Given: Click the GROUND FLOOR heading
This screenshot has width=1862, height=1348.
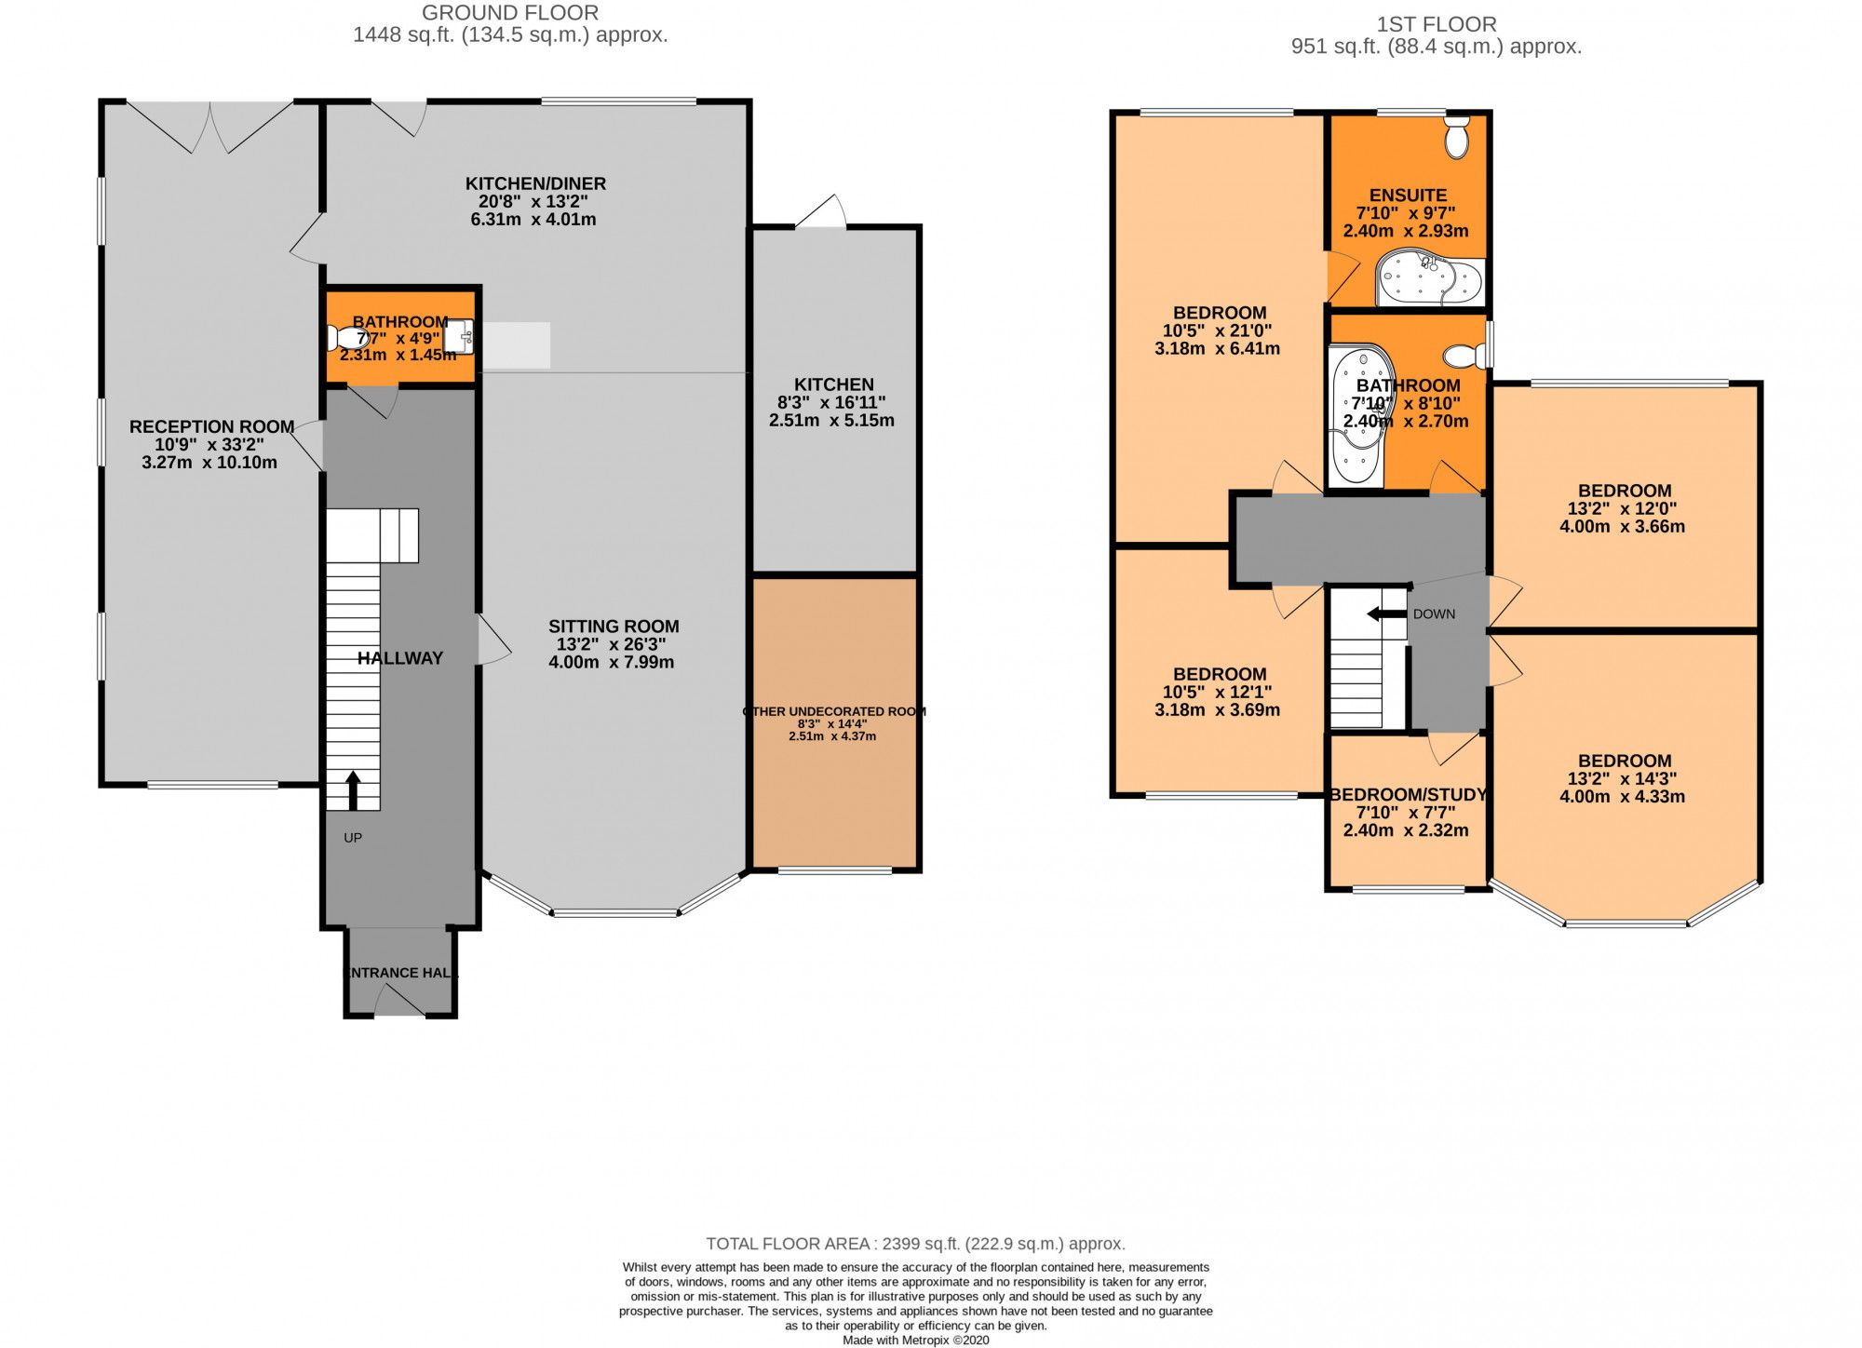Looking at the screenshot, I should (510, 13).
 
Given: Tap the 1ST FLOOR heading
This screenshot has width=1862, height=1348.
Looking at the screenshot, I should (1437, 24).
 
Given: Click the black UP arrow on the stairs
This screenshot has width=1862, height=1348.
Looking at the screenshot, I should (353, 790).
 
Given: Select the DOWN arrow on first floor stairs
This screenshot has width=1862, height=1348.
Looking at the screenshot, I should (1385, 613).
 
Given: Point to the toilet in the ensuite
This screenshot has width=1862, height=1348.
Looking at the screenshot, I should (1456, 138).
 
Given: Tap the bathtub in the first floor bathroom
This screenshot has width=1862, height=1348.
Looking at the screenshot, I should (1357, 417).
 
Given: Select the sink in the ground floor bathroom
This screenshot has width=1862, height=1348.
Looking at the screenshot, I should (460, 336).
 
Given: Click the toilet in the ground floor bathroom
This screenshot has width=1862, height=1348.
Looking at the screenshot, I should (344, 337).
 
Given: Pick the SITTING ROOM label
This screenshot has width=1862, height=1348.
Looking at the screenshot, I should (614, 627).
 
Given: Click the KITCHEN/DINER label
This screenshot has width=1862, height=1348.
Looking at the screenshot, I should (535, 183).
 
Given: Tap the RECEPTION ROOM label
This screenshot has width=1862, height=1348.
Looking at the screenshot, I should (211, 426).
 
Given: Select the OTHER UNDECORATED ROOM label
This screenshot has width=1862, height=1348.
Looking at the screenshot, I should (833, 711).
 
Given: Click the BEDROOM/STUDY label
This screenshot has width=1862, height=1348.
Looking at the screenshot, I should (1407, 794).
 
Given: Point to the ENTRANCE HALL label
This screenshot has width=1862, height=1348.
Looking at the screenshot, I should (401, 973).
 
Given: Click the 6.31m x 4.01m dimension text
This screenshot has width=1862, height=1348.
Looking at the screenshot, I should (533, 220).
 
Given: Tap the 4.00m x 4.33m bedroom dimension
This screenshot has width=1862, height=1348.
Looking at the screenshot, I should (1623, 797).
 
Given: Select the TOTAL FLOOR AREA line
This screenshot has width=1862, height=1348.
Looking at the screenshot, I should (915, 1244).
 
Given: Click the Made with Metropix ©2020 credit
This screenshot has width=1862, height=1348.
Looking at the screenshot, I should (915, 1341).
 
